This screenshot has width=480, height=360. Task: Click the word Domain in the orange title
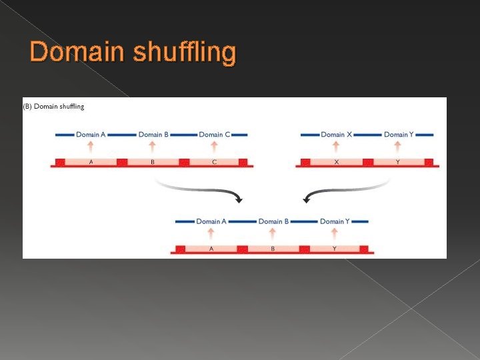75,53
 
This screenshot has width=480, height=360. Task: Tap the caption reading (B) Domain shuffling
54,106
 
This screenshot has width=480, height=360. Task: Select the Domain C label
214,135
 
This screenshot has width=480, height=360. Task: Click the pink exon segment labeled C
214,162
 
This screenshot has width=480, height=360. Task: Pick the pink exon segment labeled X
336,162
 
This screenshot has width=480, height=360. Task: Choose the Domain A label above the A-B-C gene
91,135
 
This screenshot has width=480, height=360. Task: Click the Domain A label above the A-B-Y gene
211,221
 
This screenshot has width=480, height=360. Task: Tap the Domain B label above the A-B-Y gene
273,221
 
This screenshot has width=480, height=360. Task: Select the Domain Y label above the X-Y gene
399,135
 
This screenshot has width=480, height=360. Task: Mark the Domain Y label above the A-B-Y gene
335,221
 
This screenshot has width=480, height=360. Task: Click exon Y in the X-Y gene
398,162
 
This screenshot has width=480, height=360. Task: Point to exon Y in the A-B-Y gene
335,249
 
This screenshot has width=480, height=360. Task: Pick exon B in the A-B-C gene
153,162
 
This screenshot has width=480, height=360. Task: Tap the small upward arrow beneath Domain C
214,146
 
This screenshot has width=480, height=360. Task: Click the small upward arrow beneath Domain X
336,146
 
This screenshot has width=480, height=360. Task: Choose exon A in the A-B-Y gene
211,249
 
